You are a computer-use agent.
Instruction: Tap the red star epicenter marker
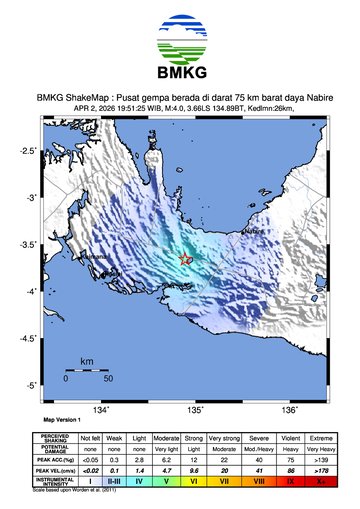(184, 258)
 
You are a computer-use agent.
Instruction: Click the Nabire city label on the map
(255, 231)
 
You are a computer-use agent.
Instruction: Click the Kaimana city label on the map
(95, 256)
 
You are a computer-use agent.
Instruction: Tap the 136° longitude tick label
(289, 409)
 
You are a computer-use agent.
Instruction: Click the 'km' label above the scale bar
(86, 360)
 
